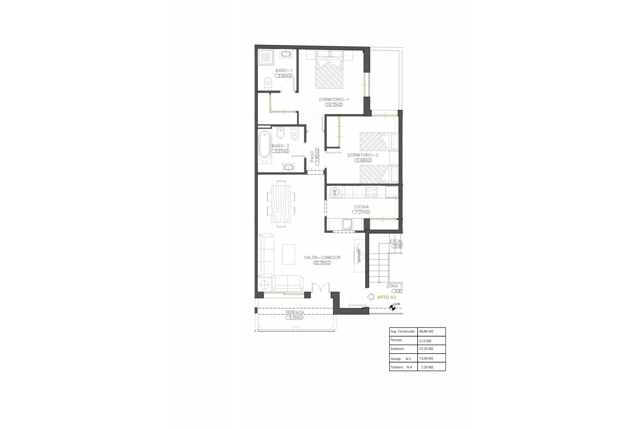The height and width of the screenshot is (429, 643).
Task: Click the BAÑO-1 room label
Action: pos(284,70)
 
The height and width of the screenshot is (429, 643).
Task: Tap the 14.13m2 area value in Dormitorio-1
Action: pos(334,105)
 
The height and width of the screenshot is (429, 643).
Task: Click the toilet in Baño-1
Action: pos(268,83)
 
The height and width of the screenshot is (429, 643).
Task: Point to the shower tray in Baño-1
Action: pos(266,57)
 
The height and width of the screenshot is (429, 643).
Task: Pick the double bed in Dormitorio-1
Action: pos(330,72)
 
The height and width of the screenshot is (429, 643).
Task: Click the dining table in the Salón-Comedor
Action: pos(281,204)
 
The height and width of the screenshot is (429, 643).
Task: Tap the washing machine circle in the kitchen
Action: pos(335,192)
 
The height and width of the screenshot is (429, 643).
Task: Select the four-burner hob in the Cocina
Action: pos(371,192)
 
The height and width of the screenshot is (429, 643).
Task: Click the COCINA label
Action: pos(361,207)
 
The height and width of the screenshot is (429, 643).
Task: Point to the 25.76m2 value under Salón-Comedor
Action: pos(322,263)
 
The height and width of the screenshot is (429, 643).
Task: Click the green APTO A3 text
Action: pos(386,297)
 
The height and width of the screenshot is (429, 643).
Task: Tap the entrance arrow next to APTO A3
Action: pos(370,297)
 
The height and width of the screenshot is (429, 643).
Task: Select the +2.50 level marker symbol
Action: pos(392,308)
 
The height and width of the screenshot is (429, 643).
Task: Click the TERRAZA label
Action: pos(295,312)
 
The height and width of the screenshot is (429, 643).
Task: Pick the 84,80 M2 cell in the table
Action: pos(426,331)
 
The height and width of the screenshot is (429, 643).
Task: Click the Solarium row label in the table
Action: pos(397,349)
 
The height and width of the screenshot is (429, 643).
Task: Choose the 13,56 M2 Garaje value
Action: pos(426,358)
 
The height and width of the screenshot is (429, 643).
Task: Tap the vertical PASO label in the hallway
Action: pos(312,157)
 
